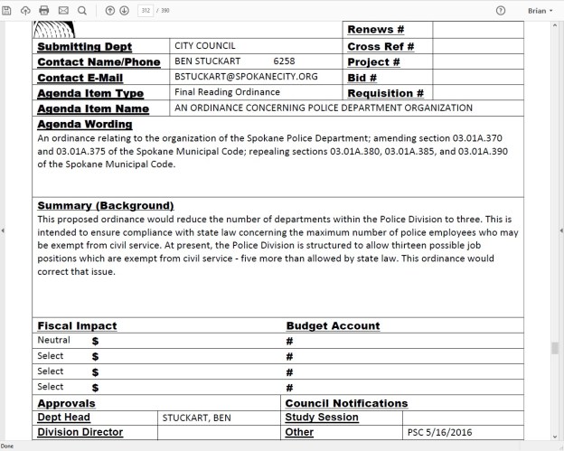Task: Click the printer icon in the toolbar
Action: coord(44,10)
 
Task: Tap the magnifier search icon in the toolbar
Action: coord(82,10)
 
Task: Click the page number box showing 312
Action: coord(146,10)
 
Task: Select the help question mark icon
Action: coord(501,10)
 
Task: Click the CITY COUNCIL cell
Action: coord(205,45)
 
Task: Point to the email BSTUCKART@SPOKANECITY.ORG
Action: coord(246,77)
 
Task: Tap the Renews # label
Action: coord(375,30)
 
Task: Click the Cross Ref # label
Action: coord(380,46)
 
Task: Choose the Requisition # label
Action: coord(385,93)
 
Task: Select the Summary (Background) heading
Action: coord(105,205)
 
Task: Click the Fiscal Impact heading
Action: coord(77,325)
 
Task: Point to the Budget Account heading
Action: coord(333,325)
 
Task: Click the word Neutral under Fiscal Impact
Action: coord(52,340)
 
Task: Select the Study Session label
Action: coord(323,418)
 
